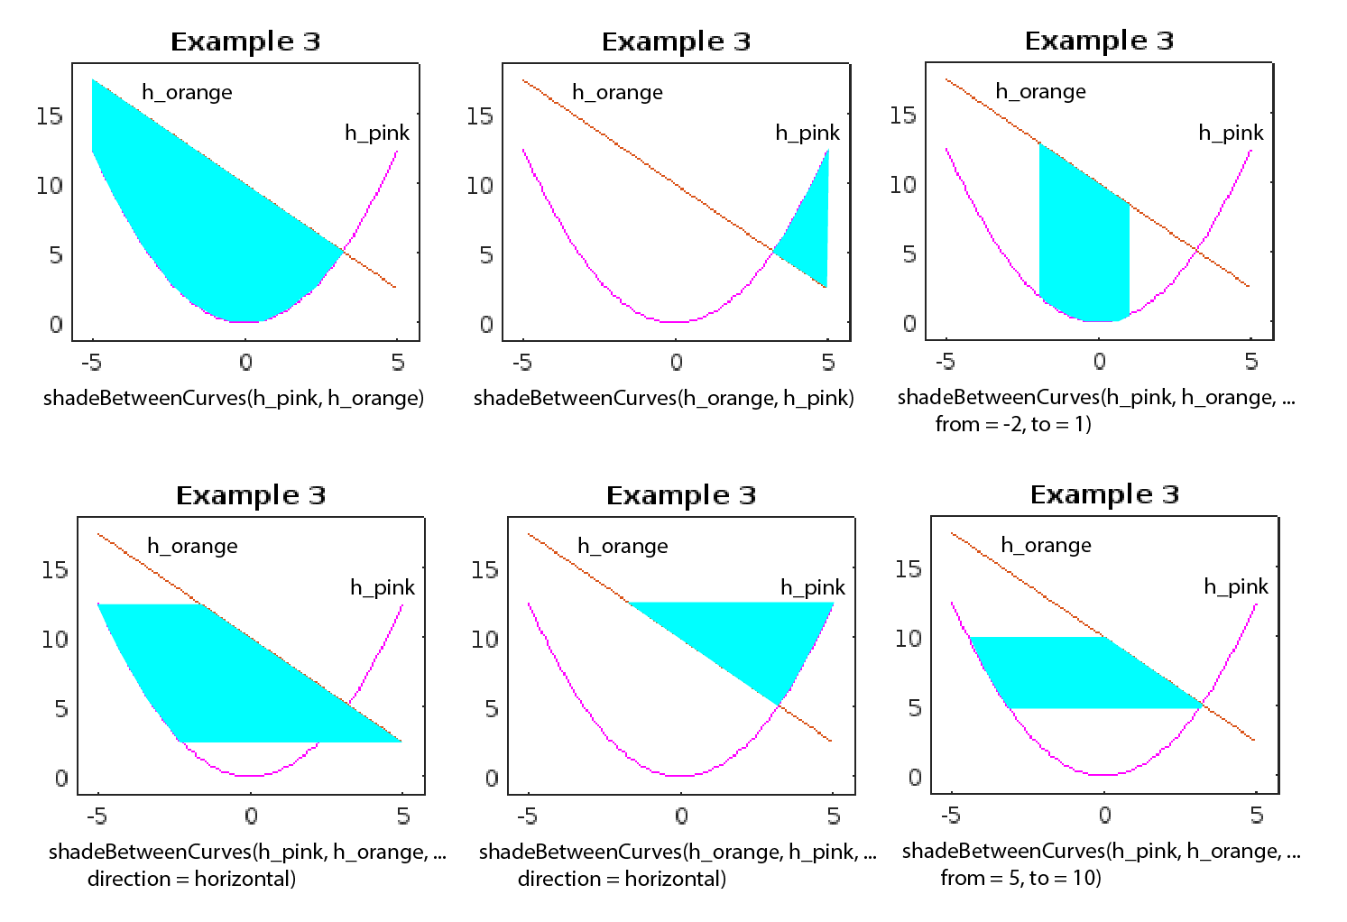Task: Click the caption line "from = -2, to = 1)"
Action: tap(1013, 424)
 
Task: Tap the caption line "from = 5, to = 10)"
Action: tap(1020, 878)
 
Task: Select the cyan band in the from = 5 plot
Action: tap(1083, 672)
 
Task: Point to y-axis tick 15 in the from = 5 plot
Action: tap(908, 569)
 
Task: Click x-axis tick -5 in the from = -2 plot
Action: tap(945, 362)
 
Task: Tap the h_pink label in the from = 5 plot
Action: tap(1235, 586)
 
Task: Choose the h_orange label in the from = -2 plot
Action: tap(1040, 91)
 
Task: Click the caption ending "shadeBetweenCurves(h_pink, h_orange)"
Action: tap(234, 398)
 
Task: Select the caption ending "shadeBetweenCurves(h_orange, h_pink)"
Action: tap(664, 398)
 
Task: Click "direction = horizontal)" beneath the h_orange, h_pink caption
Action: tap(622, 879)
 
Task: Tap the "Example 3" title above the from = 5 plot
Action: tap(1104, 494)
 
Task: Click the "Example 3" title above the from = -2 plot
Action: tap(1099, 41)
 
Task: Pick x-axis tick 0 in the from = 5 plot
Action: tap(1104, 816)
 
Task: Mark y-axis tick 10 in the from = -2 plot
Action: tap(902, 185)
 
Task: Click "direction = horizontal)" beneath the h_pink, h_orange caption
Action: tap(191, 879)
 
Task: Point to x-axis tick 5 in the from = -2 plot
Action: tap(1250, 362)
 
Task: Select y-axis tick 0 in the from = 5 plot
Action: tap(914, 778)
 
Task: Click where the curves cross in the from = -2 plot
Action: tap(1197, 248)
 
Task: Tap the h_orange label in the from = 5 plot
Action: tap(1046, 545)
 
